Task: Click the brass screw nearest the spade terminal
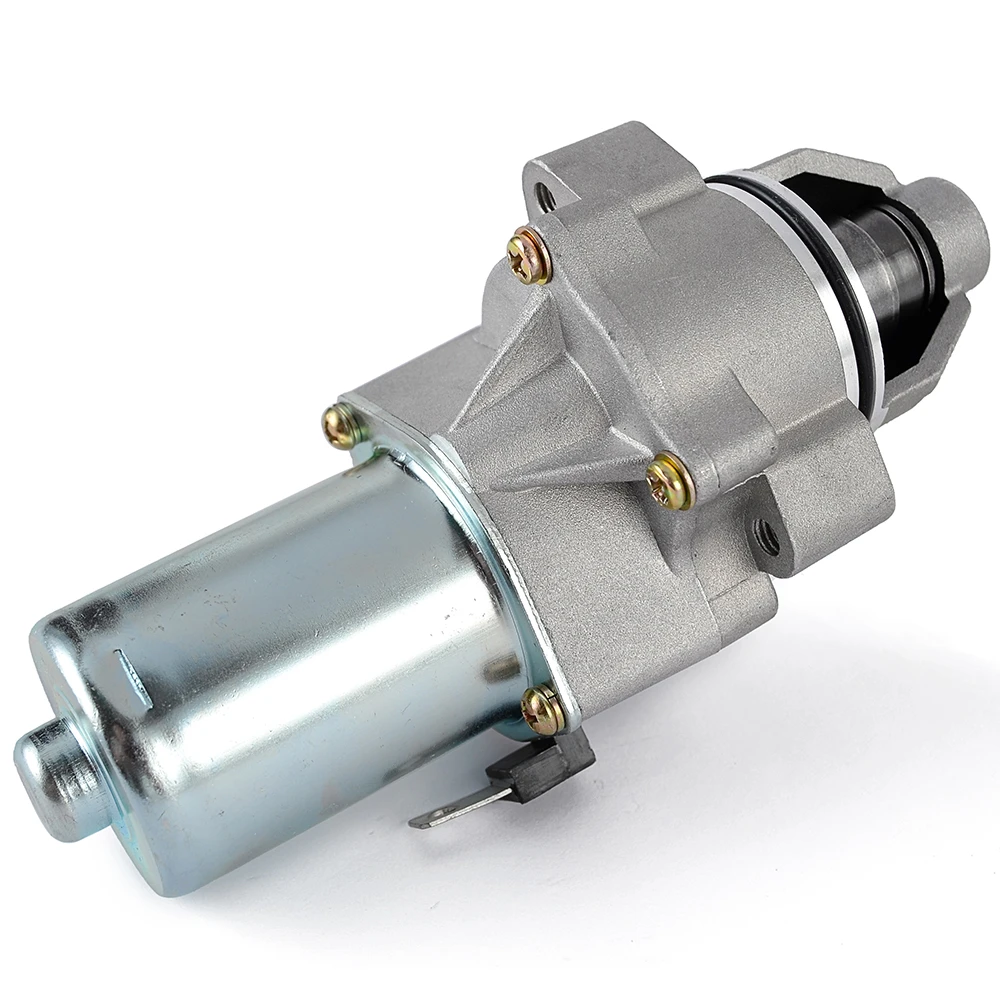[544, 710]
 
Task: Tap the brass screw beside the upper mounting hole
[529, 257]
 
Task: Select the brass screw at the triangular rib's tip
[669, 481]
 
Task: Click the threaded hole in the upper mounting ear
[546, 197]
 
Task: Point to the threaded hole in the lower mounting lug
[767, 538]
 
